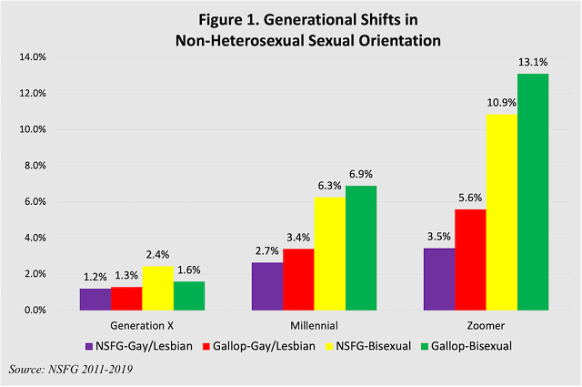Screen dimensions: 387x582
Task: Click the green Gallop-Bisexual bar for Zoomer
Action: [533, 192]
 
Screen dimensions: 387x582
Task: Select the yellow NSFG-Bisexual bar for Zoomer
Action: [502, 212]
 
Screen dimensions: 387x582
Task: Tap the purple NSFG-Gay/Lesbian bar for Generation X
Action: [95, 300]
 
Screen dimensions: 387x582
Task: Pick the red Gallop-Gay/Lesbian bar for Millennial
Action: [298, 280]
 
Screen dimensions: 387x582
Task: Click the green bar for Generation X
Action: [188, 296]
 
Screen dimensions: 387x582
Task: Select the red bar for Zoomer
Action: [470, 260]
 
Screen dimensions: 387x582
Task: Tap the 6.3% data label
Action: [328, 187]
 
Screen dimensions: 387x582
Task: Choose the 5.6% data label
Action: [471, 199]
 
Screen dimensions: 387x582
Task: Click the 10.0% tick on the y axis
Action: [33, 129]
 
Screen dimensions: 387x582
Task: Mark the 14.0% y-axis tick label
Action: [33, 57]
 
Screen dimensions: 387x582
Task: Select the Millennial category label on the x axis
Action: [313, 325]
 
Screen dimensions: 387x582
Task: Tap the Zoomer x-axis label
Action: [486, 325]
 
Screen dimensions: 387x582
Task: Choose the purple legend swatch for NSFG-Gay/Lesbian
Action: [89, 346]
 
